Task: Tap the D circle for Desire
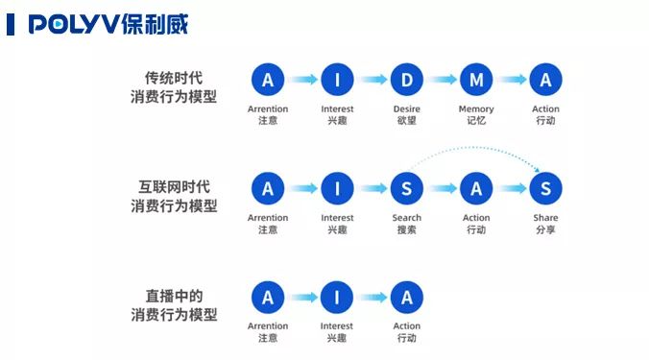[406, 80]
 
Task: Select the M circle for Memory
[476, 80]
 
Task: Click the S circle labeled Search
[406, 189]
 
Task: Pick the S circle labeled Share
[545, 189]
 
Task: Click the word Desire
[406, 109]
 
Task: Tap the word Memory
[476, 109]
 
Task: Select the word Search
[406, 218]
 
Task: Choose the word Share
[545, 218]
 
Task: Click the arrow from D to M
[441, 80]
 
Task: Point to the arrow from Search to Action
[441, 189]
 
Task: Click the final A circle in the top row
[545, 80]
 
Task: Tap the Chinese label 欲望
[406, 121]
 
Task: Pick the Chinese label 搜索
[406, 230]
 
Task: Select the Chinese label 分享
[545, 230]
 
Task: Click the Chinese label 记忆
[476, 121]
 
